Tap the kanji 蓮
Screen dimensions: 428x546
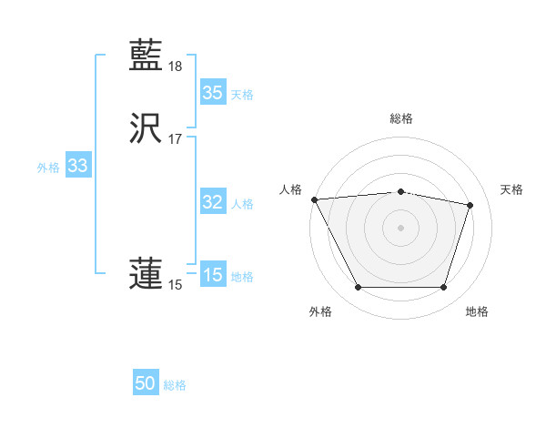tap(146, 274)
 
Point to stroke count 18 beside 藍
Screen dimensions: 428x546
tap(176, 66)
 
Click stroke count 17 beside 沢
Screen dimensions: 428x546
tap(176, 139)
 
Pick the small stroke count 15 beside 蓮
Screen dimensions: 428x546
tap(175, 285)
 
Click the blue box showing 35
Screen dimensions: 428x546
tap(212, 93)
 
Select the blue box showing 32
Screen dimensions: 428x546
tap(212, 202)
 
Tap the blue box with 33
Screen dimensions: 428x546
tap(77, 166)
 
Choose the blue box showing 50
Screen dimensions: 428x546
tap(146, 383)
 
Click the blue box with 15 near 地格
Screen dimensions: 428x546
tap(212, 275)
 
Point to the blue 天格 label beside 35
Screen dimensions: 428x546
tap(242, 95)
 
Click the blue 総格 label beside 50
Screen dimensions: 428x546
tap(175, 385)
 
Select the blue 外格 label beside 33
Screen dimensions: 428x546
tap(48, 168)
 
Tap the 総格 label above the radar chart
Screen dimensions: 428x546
tap(400, 118)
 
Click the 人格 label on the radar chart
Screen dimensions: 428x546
tap(290, 189)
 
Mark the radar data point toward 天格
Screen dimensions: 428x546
tap(470, 205)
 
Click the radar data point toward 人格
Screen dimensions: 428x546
tap(314, 199)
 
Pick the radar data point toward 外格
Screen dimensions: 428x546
tap(358, 288)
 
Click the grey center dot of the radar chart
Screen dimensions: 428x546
tap(400, 228)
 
